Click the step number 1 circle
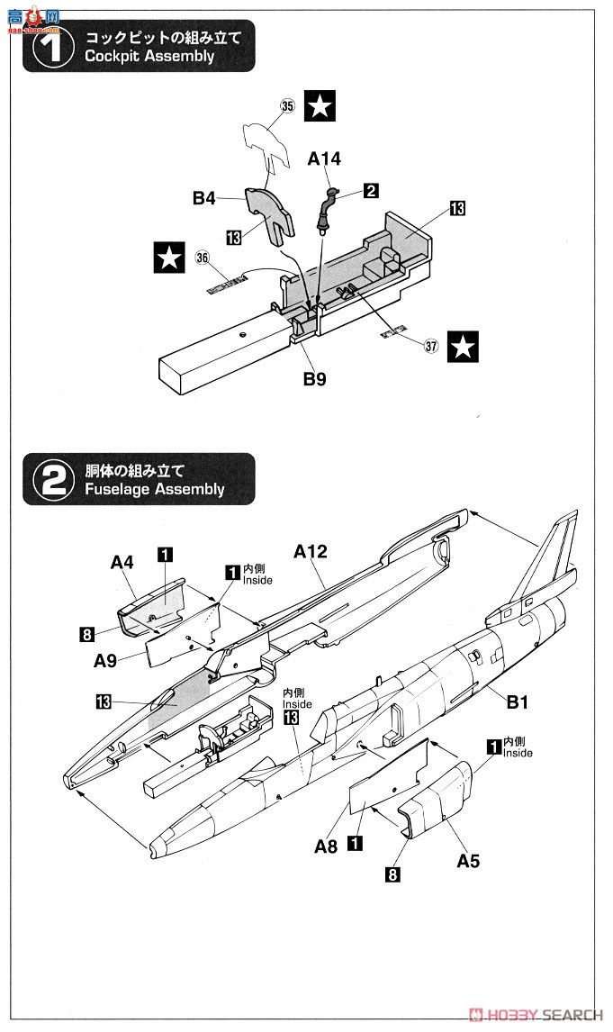pos(53,48)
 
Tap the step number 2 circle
pos(53,480)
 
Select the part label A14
pos(324,159)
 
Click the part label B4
pos(204,198)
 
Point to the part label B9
pos(313,379)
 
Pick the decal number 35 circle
pos(287,106)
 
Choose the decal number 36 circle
pos(202,258)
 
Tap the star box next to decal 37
pos(464,346)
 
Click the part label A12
pos(311,551)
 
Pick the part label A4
pos(122,563)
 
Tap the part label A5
pos(468,861)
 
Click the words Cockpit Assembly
pos(149,57)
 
